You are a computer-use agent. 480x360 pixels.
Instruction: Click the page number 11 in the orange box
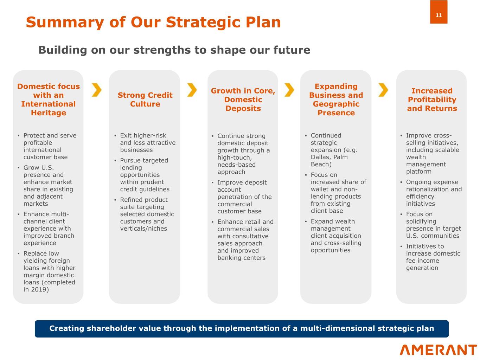[439, 15]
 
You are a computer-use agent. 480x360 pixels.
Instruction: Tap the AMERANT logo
[438, 350]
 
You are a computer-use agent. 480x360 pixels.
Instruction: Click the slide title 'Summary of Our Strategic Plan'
[153, 22]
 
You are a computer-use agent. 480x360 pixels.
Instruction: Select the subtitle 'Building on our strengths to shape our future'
[174, 50]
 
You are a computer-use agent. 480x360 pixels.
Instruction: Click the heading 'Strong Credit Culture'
[145, 99]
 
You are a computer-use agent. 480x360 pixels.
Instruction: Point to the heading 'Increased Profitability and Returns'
[432, 99]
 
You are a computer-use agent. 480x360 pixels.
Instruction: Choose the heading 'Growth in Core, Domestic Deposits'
[243, 99]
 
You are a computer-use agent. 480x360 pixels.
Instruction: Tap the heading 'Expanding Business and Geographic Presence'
[336, 99]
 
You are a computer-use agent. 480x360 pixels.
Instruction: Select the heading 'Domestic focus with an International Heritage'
[48, 99]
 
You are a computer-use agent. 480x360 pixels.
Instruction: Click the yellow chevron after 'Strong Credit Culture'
[192, 90]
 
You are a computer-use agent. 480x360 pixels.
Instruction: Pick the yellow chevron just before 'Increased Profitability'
[383, 90]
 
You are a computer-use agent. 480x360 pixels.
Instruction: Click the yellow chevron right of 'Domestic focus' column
[96, 90]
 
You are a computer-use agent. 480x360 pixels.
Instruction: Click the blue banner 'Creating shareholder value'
[242, 328]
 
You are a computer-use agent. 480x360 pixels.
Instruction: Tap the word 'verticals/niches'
[143, 229]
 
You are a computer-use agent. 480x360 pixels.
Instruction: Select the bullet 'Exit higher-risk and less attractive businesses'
[145, 142]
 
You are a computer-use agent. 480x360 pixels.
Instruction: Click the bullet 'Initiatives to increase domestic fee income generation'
[430, 257]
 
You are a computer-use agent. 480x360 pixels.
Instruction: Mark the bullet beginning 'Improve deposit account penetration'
[242, 197]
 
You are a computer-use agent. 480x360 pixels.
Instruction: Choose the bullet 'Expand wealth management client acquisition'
[333, 236]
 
